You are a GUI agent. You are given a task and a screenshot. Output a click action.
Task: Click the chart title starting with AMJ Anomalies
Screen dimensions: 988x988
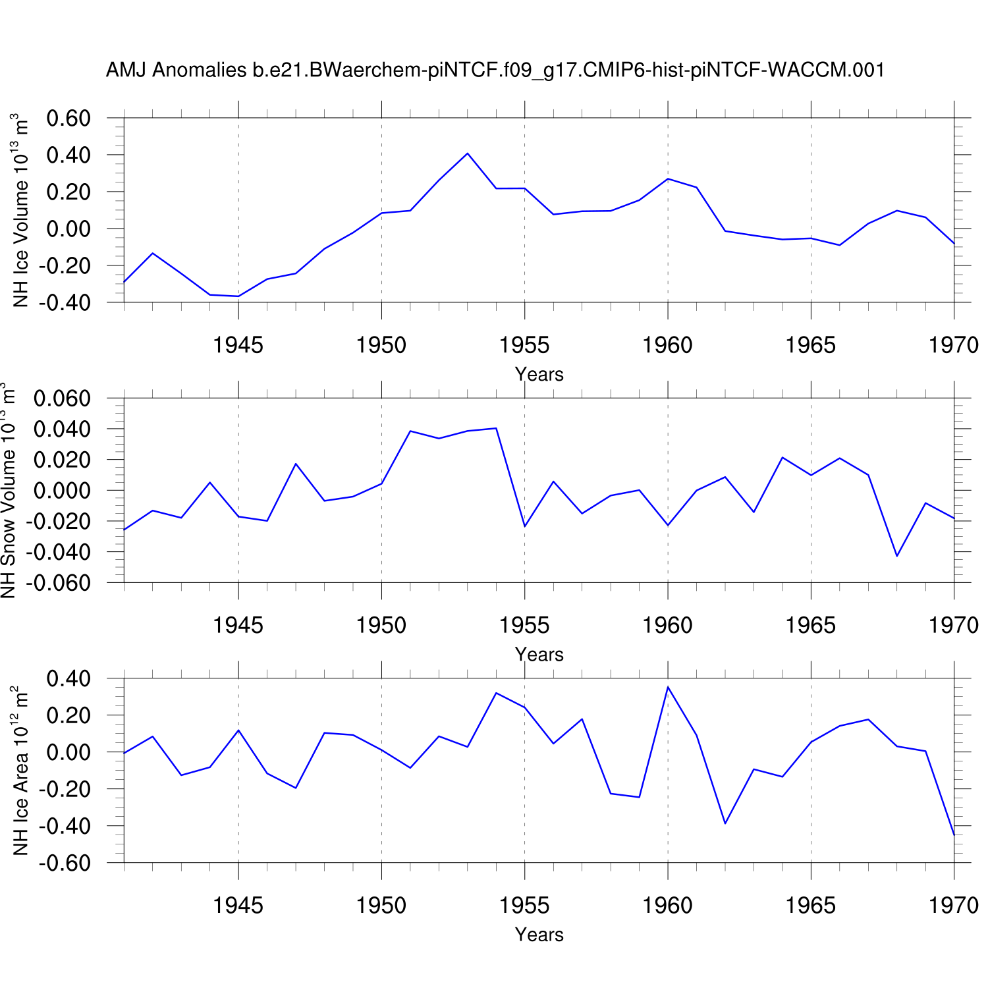coord(495,70)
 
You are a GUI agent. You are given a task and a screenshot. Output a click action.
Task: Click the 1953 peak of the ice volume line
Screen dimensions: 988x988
coord(467,153)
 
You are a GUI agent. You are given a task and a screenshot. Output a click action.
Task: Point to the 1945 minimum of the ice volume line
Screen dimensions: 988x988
coord(238,296)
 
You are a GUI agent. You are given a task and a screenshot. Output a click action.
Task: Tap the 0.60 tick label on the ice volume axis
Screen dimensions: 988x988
coord(69,119)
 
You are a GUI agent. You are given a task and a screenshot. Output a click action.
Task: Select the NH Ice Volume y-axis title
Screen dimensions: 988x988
coord(21,210)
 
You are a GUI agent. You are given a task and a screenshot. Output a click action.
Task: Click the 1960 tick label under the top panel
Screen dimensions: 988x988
coord(667,344)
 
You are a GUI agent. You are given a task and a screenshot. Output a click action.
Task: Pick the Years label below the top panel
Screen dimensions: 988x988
coord(539,374)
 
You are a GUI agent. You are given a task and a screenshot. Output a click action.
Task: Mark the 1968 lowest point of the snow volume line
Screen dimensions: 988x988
coord(896,556)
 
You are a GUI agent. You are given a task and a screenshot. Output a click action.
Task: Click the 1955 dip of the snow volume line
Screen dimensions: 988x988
coord(524,526)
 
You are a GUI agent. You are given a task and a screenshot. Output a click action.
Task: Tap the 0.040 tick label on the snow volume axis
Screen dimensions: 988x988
coord(62,429)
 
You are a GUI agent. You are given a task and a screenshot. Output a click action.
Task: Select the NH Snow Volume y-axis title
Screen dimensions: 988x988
coord(8,490)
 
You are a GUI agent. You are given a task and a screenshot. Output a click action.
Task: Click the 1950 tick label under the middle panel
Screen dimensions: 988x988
coord(381,625)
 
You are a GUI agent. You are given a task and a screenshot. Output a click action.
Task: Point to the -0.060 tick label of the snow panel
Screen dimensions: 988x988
coord(58,583)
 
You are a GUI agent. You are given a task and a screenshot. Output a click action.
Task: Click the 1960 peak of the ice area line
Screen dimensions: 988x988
coord(668,687)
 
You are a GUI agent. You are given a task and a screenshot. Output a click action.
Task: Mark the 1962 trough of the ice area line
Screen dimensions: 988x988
coord(725,823)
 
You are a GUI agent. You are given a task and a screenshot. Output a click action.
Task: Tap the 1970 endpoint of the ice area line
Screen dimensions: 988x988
coord(954,835)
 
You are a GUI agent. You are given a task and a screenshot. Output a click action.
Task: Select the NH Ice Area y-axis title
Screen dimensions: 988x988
coord(21,771)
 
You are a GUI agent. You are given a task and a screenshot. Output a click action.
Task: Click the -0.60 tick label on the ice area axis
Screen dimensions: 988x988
coord(65,863)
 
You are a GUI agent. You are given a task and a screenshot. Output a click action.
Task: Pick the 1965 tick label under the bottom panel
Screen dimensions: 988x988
coord(810,906)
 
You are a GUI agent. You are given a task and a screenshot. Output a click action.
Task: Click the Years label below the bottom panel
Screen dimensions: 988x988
coord(539,935)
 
